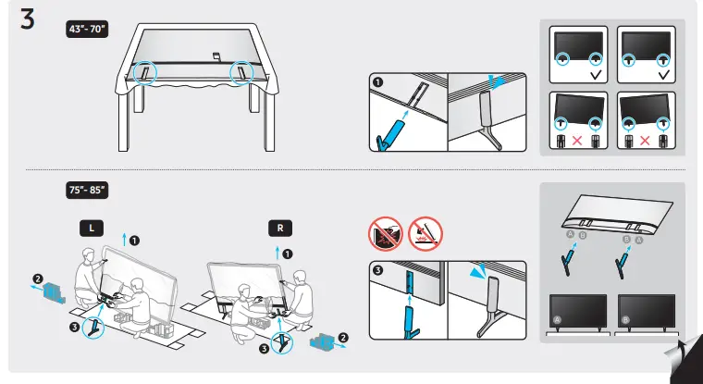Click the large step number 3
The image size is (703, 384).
click(28, 21)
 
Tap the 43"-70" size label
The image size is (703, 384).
click(89, 29)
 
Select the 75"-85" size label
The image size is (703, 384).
click(89, 190)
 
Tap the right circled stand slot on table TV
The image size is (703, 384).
click(241, 72)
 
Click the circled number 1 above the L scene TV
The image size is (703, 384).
click(134, 241)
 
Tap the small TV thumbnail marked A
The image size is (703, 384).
click(578, 310)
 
